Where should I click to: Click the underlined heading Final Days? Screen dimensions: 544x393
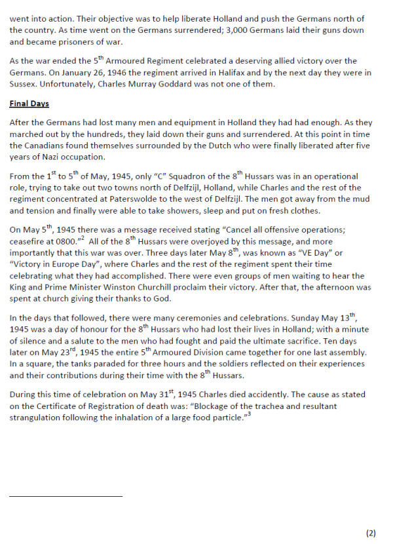(29, 104)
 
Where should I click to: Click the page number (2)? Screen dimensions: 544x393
(371, 533)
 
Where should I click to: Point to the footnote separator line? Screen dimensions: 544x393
(65, 496)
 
